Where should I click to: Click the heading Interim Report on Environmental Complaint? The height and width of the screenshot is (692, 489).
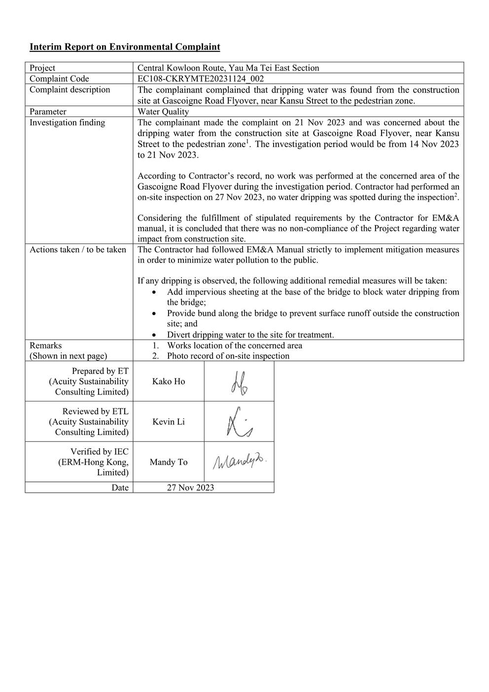click(125, 47)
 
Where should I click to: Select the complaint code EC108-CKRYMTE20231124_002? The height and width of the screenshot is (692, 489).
click(201, 79)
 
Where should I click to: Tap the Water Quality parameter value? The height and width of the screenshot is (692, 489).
click(163, 111)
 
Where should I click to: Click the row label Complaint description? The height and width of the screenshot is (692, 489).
click(70, 90)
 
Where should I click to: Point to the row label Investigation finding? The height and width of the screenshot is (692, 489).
click(67, 122)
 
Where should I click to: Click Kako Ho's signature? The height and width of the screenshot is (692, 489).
click(239, 382)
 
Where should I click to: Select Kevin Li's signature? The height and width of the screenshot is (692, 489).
click(239, 422)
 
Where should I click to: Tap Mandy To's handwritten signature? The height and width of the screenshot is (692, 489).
click(239, 462)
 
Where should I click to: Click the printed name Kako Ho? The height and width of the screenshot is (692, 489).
click(169, 382)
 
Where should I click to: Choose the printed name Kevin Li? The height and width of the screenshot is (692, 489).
click(169, 422)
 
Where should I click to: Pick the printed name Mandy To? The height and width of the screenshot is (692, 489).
click(169, 462)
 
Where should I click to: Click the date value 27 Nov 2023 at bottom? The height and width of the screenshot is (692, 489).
click(190, 488)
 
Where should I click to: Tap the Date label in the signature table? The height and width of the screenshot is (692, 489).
click(120, 488)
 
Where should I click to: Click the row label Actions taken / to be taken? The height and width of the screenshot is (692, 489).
click(77, 250)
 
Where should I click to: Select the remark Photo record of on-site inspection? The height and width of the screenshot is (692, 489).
click(228, 356)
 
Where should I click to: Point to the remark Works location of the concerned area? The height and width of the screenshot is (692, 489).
click(234, 345)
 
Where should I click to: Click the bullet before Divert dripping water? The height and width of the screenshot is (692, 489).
click(155, 335)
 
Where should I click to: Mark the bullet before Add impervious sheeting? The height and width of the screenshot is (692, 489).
click(155, 292)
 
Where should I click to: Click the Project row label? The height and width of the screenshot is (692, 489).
click(42, 68)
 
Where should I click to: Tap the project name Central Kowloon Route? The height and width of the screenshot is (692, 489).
click(228, 68)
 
